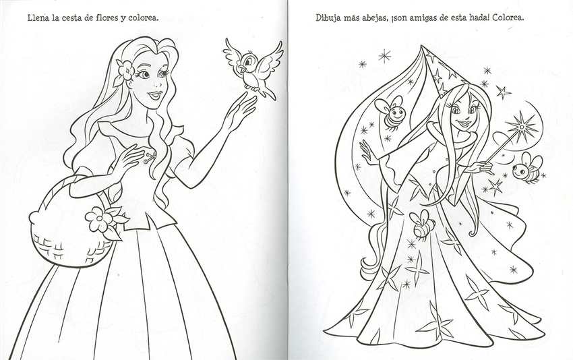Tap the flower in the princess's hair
click(x=125, y=71)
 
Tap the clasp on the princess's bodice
click(x=150, y=158)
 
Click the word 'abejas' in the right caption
click(x=374, y=18)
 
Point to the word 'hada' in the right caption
click(x=478, y=18)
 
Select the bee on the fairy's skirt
click(x=423, y=224)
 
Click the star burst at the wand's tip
click(x=522, y=127)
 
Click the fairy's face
click(x=462, y=115)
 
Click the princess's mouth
click(x=154, y=95)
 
